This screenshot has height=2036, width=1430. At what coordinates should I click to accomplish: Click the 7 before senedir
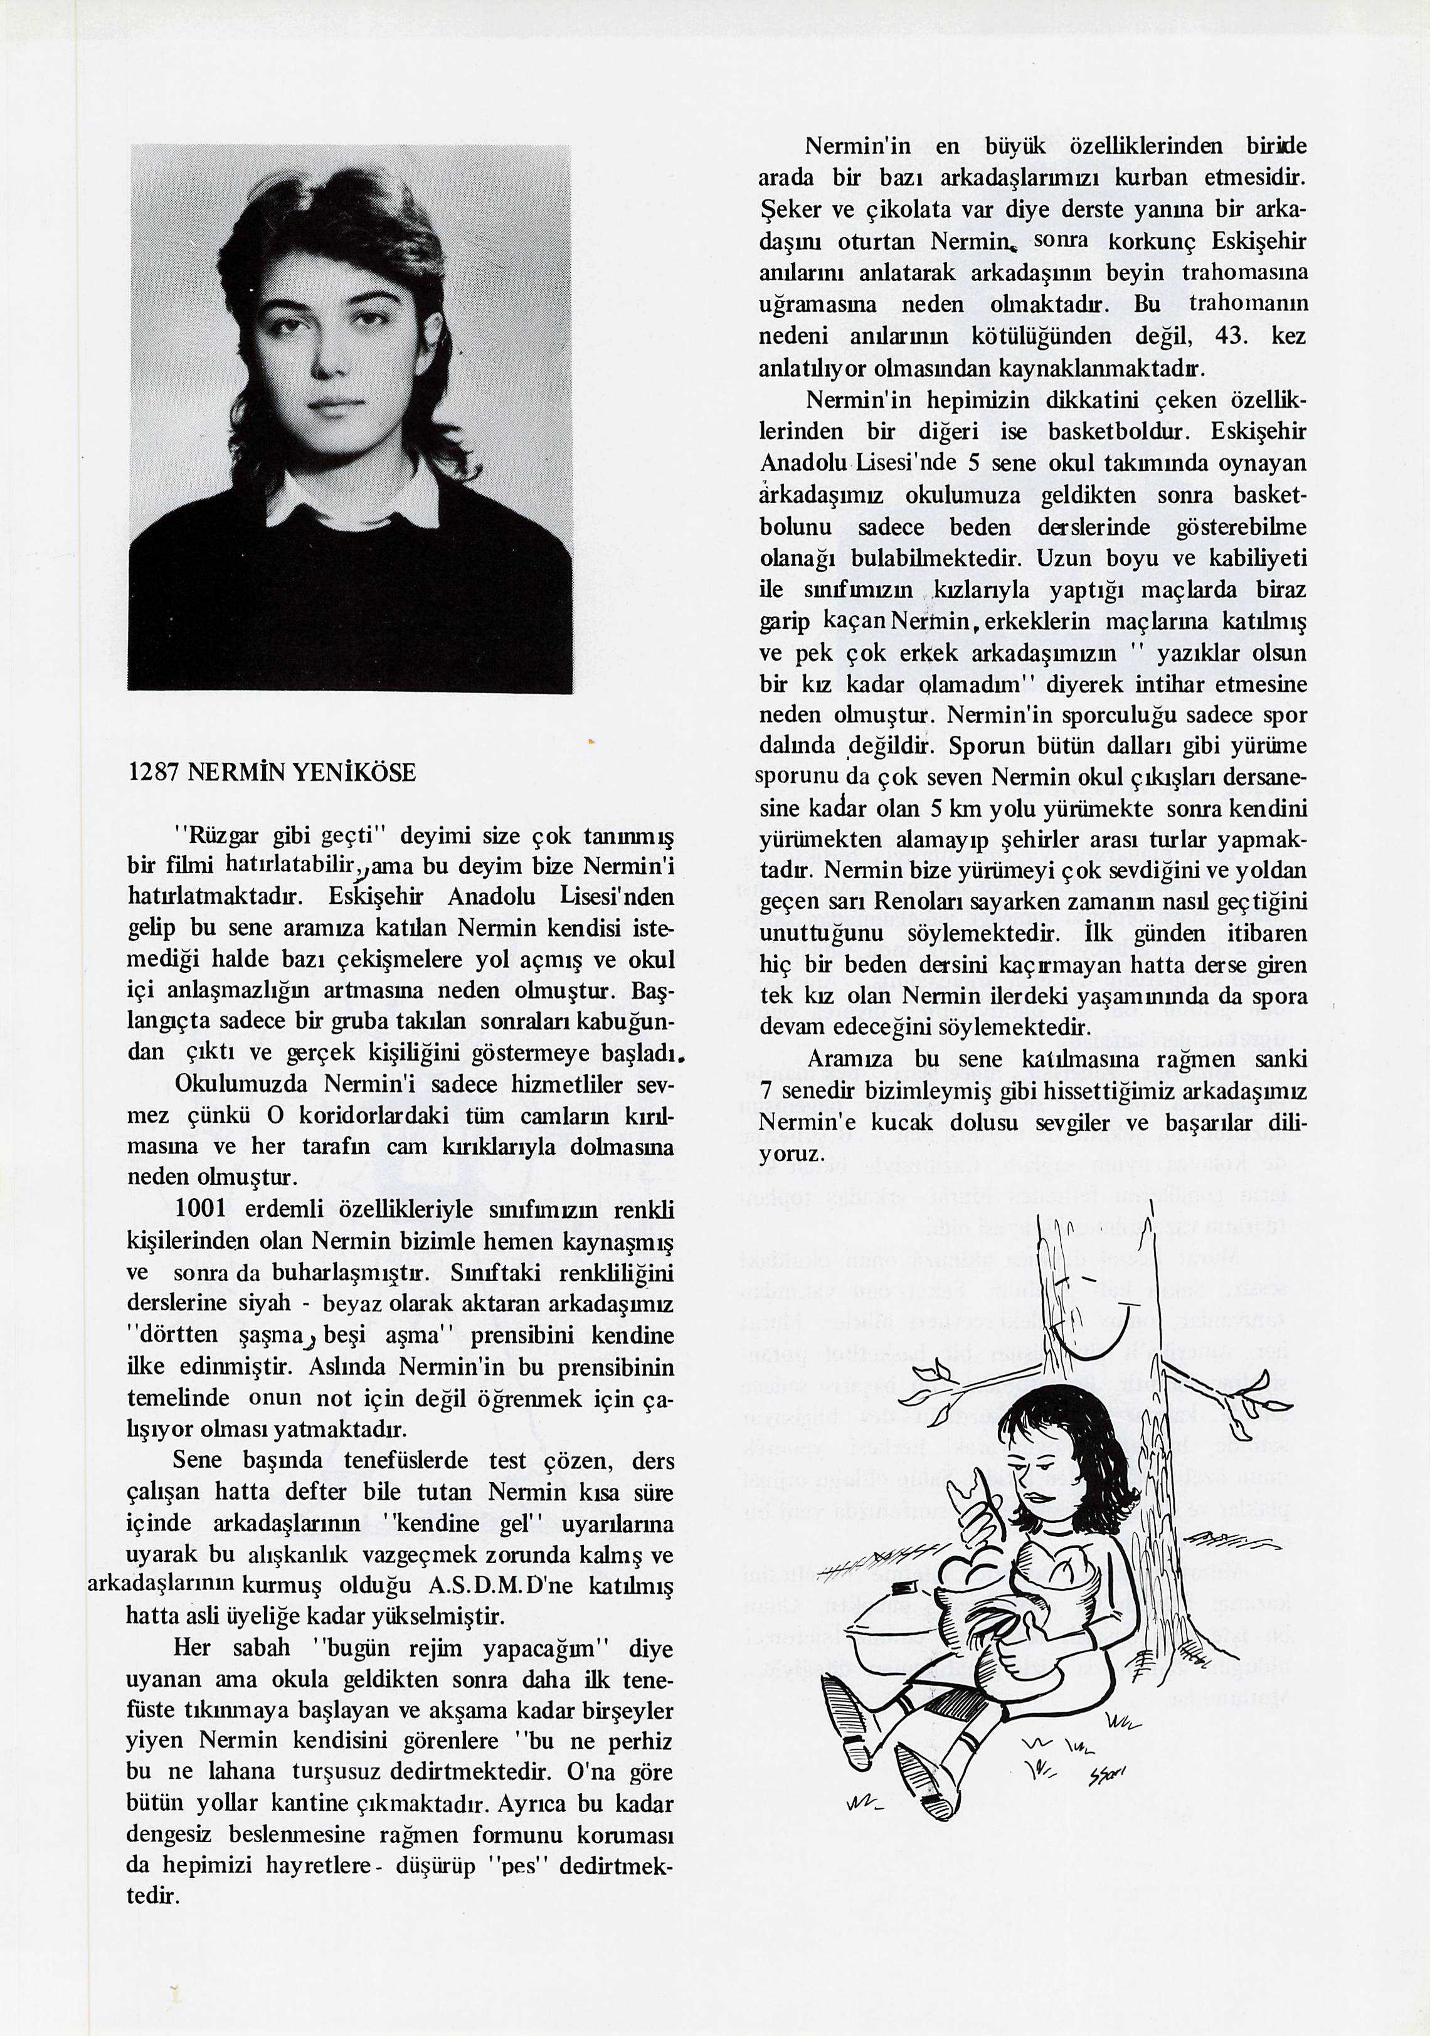[766, 1091]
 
